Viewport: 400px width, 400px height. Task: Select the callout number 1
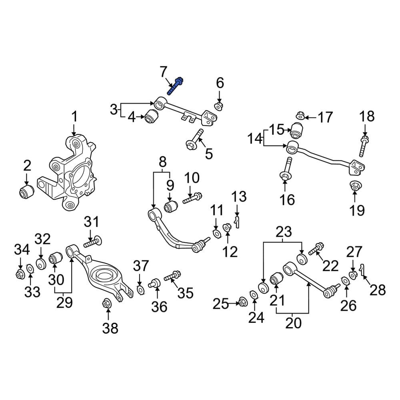pyautogui.click(x=74, y=116)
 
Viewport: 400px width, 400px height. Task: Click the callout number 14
pyautogui.click(x=255, y=139)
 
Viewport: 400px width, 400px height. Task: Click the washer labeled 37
pyautogui.click(x=140, y=290)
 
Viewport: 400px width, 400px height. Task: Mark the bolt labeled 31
pyautogui.click(x=93, y=241)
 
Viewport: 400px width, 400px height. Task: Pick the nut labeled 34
pyautogui.click(x=20, y=274)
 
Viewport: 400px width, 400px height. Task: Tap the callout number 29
pyautogui.click(x=64, y=302)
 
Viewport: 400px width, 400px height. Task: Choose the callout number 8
pyautogui.click(x=162, y=162)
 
